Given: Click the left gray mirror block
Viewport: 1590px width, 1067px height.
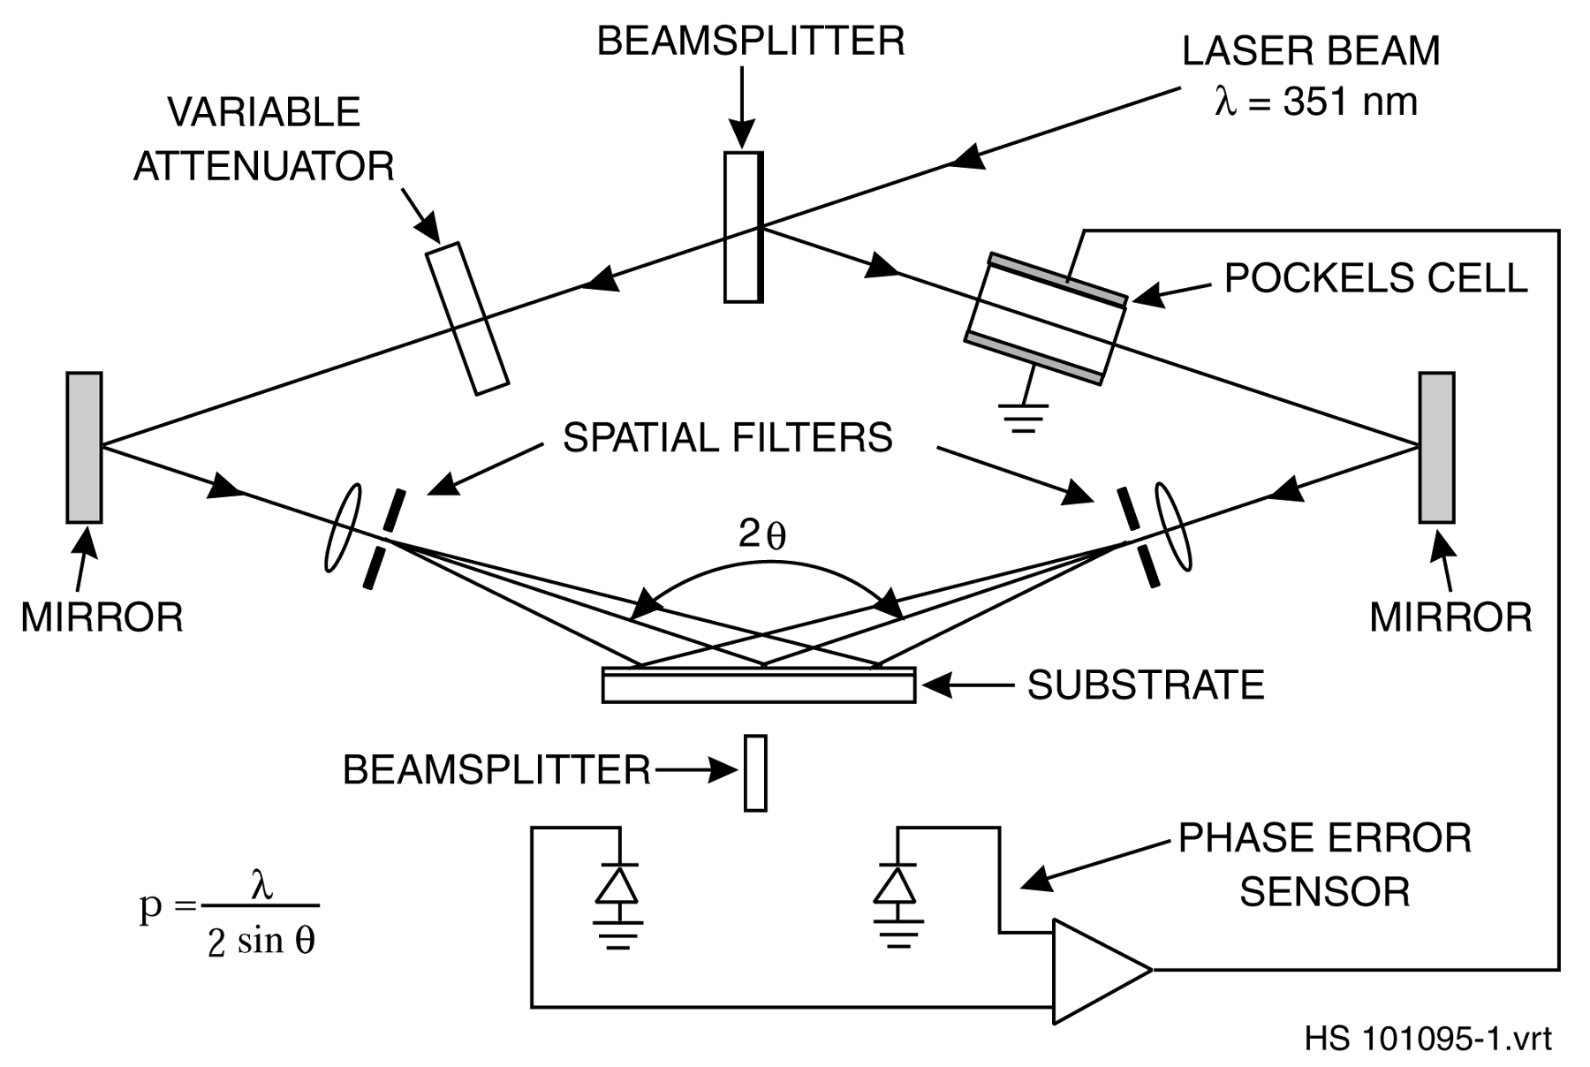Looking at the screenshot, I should click(84, 447).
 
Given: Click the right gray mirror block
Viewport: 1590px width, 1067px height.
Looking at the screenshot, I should click(1436, 447).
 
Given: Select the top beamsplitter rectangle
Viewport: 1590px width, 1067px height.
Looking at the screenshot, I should click(742, 227).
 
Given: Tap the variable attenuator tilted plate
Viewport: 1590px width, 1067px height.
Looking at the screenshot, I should click(467, 318).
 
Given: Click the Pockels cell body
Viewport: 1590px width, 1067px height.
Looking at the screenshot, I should click(1046, 319).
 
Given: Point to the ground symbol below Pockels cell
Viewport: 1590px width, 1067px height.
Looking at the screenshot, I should click(1023, 415).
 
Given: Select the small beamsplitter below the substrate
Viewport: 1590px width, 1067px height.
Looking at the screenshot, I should click(755, 773).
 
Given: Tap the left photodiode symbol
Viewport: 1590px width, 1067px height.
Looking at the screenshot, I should click(617, 886).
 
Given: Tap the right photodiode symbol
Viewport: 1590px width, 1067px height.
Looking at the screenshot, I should click(895, 886).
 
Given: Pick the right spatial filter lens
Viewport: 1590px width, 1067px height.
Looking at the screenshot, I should click(1174, 527).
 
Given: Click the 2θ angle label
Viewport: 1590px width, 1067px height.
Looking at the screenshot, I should click(761, 535).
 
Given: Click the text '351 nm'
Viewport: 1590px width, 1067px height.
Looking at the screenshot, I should click(1350, 102).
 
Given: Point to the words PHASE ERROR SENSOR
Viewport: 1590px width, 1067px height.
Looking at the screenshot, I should click(1324, 865).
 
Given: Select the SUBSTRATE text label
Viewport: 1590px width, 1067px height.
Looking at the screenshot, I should click(1146, 685).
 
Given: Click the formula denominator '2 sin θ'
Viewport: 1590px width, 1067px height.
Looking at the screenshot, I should click(261, 942).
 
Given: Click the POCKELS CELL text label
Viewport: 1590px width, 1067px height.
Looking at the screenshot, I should click(1375, 278).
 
